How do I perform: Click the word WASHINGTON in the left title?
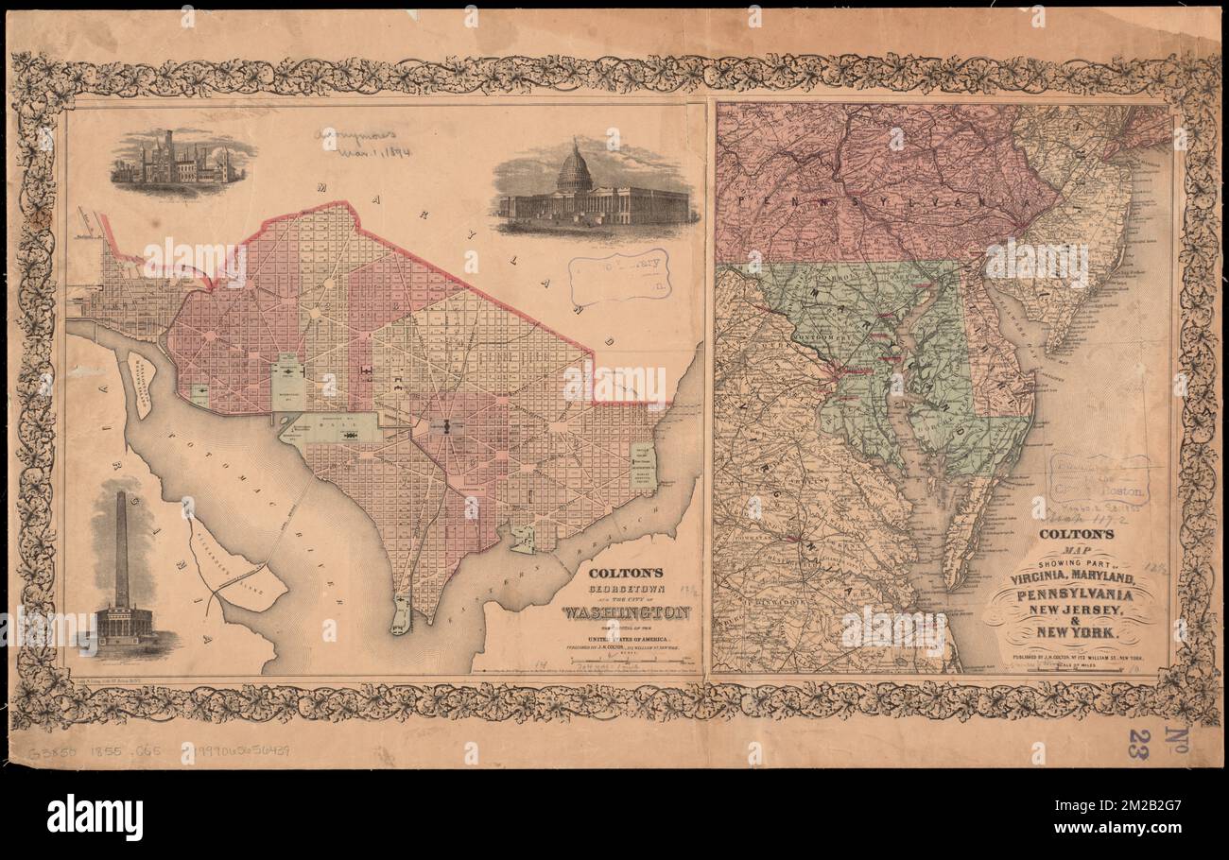(x=627, y=612)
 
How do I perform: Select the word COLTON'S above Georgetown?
(x=621, y=572)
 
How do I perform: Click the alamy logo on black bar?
(x=95, y=817)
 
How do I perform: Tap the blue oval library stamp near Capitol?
(x=619, y=276)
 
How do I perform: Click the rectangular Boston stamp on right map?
(x=1098, y=479)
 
